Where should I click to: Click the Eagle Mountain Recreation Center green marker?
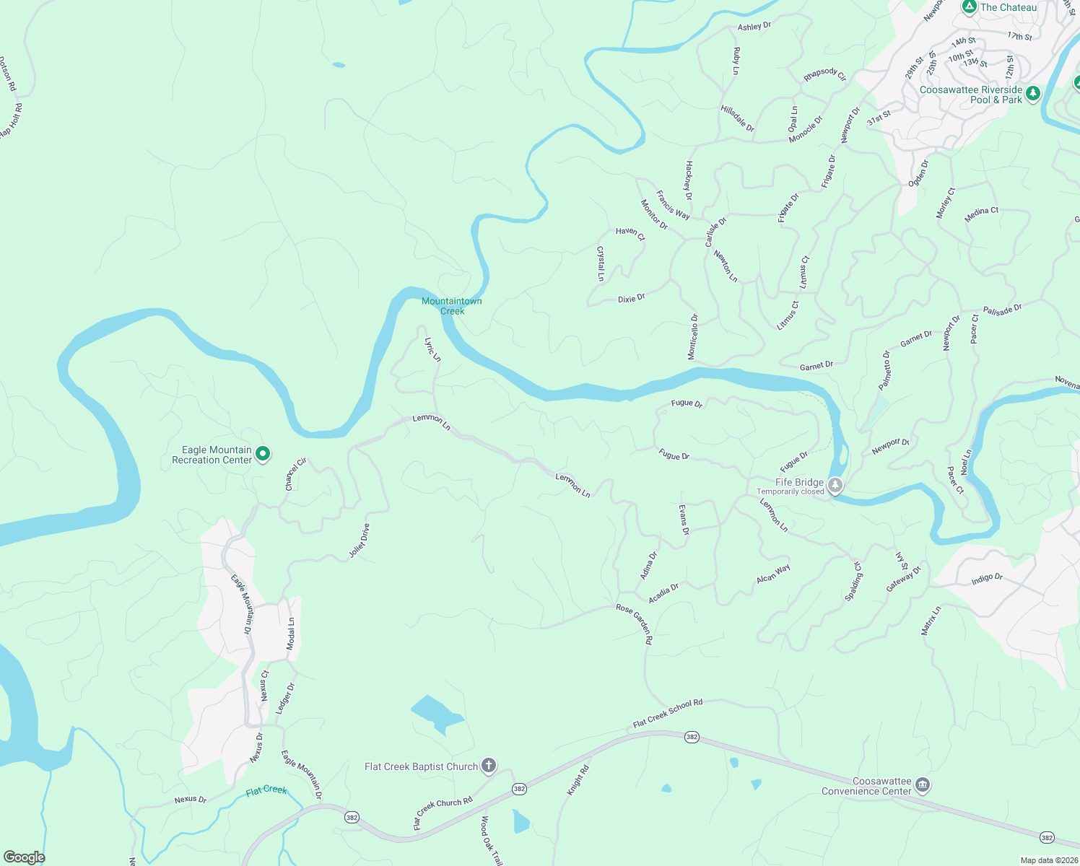(x=264, y=454)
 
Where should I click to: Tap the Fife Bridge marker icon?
(x=835, y=485)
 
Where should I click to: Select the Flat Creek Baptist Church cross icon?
(x=489, y=766)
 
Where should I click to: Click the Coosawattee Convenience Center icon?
(x=922, y=784)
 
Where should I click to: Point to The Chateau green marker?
(x=969, y=7)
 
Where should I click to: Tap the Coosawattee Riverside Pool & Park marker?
(x=1033, y=94)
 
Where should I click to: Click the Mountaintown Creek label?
(x=452, y=306)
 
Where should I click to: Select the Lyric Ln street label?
(x=432, y=349)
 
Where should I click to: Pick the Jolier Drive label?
(x=359, y=541)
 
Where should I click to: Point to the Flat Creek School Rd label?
(x=667, y=713)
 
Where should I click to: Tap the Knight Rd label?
(x=578, y=781)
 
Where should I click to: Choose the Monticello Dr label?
(x=692, y=336)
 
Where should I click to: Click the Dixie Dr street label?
(x=631, y=298)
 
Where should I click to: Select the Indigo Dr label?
(x=986, y=578)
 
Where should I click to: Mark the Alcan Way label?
(x=773, y=574)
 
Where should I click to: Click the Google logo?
(x=24, y=857)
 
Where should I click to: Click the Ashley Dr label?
(x=754, y=26)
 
